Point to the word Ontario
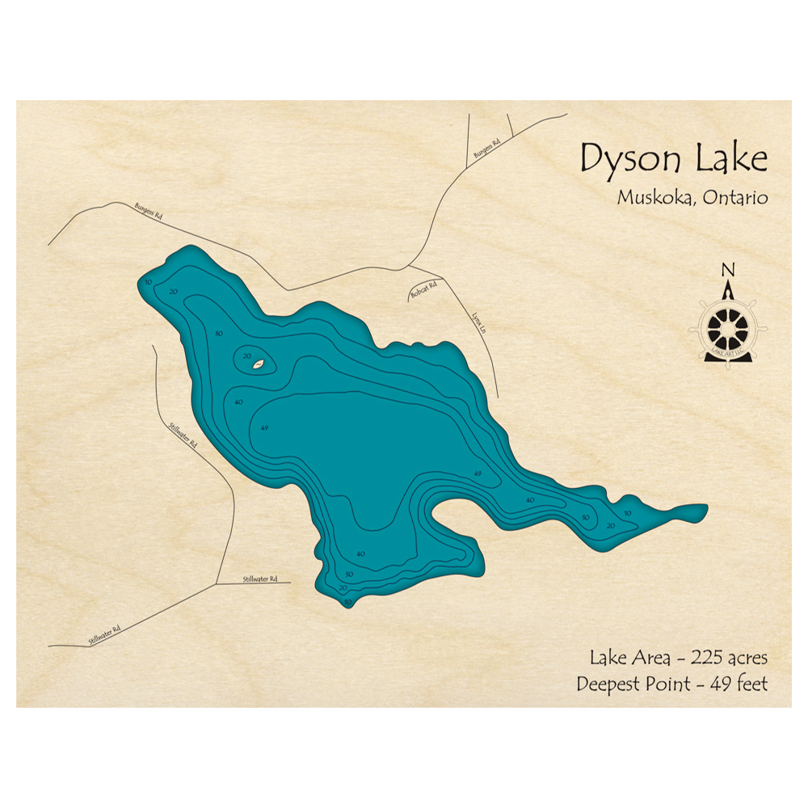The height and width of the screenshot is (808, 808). point(734,197)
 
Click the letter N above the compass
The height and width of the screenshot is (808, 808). point(728,271)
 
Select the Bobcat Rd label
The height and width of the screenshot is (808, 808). point(423,291)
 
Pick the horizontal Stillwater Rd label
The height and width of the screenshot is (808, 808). point(260,579)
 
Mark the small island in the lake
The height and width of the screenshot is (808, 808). point(258,364)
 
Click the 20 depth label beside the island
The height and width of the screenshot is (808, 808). point(247,356)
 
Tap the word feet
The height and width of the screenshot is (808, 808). point(749,684)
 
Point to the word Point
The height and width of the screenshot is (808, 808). point(666,684)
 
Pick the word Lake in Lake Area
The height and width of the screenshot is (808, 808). point(608,658)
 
